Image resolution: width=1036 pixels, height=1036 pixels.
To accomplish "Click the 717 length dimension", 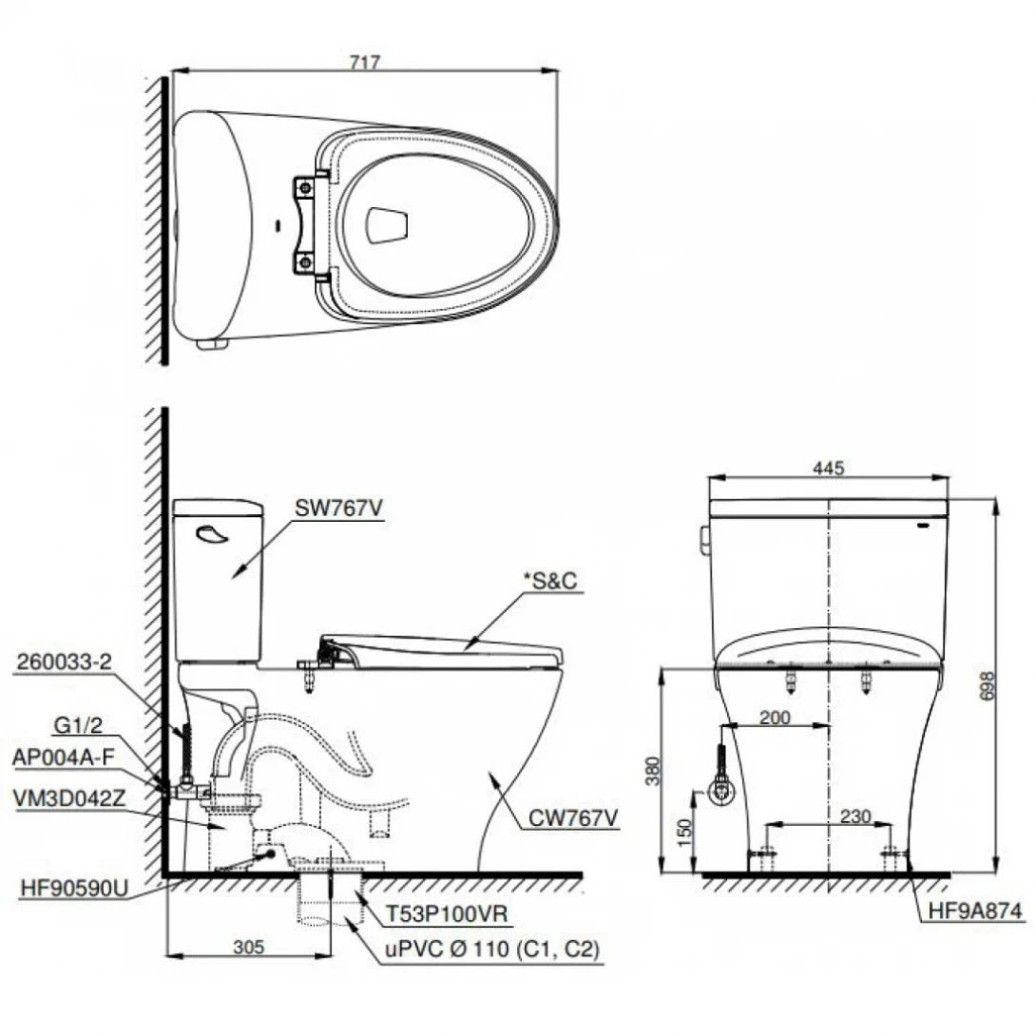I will coord(364,63).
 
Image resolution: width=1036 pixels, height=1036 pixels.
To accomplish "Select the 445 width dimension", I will coord(830,468).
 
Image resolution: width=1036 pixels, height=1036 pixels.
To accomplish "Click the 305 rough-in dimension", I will coord(249,946).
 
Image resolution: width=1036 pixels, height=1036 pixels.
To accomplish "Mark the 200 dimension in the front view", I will coord(776,719).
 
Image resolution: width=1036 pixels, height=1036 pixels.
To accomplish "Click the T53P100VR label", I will coord(447,914).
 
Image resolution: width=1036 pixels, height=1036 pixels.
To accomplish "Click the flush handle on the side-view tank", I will coord(212,536).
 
